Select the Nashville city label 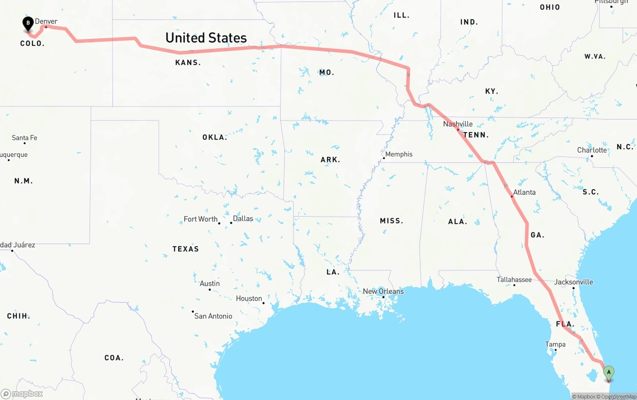click(458, 124)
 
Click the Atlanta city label click(524, 192)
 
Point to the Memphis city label click(399, 154)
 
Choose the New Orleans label click(383, 291)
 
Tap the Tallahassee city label click(514, 280)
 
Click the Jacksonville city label click(573, 282)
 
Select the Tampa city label click(555, 344)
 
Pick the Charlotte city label click(592, 150)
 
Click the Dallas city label click(243, 219)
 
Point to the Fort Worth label click(201, 219)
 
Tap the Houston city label click(249, 298)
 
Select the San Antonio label click(213, 316)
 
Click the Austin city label click(210, 283)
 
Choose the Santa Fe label click(24, 138)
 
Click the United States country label click(206, 38)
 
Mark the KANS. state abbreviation click(188, 63)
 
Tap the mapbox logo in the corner click(22, 394)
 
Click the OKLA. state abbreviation click(214, 137)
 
